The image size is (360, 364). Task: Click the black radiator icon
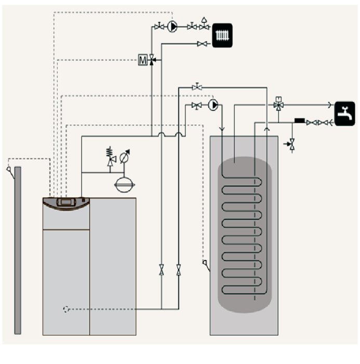[x=224, y=35]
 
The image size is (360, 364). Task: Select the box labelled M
[x=143, y=60]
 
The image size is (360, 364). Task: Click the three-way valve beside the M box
[x=152, y=60]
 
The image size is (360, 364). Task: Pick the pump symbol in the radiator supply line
[x=172, y=26]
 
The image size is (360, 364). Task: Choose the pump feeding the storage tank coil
[x=213, y=105]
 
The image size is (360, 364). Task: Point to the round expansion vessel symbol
[x=124, y=185]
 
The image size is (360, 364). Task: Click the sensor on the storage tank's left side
[x=206, y=265]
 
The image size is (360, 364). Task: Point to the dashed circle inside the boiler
[x=66, y=309]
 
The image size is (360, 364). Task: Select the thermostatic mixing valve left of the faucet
[x=278, y=105]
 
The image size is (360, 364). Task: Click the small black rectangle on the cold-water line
[x=299, y=121]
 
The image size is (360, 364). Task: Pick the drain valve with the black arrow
[x=291, y=142]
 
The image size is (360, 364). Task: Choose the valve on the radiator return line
[x=201, y=44]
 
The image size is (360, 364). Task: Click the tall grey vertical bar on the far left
[x=18, y=250]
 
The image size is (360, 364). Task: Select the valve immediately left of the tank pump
[x=196, y=106]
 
